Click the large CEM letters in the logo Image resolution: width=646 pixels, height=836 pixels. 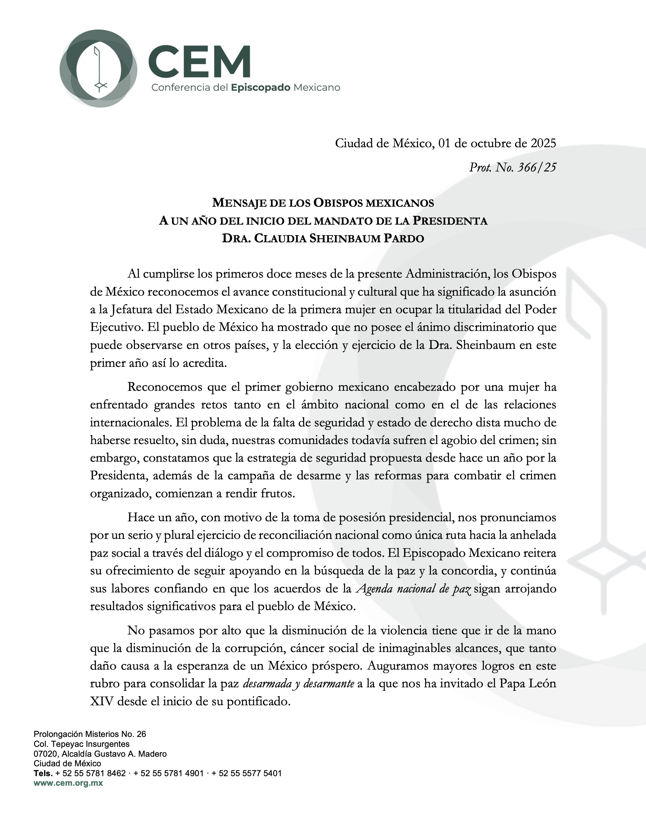coord(199,61)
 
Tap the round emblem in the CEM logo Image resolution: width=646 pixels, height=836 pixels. coord(99,68)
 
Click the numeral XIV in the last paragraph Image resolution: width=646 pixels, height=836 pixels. coord(102,702)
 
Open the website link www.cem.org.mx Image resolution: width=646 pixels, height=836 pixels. coord(68,783)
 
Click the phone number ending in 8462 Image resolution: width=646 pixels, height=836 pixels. coord(91,773)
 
